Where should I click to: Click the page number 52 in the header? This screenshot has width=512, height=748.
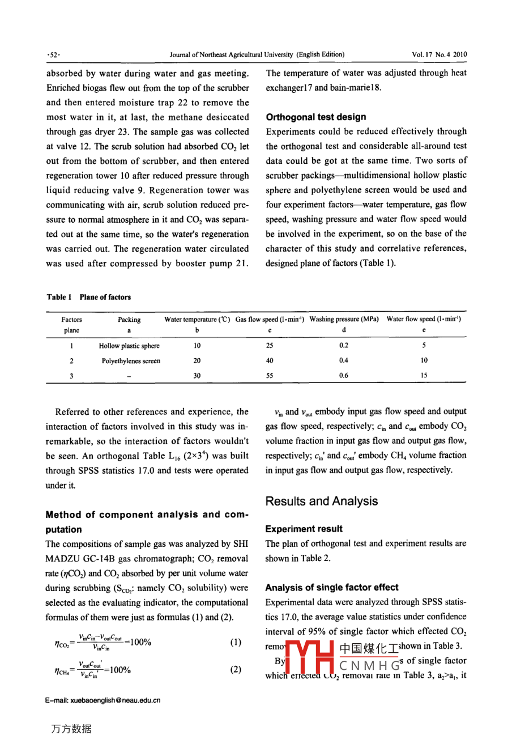click(54, 55)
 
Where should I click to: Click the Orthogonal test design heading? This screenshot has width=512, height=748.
click(316, 117)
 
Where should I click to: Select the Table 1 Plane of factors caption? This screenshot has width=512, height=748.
click(88, 297)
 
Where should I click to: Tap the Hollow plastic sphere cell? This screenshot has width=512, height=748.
click(129, 346)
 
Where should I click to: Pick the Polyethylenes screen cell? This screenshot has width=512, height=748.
click(131, 361)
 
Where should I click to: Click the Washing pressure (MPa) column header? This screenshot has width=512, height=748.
click(344, 319)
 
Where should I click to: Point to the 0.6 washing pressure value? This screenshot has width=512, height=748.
click(344, 375)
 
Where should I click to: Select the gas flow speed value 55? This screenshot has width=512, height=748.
click(270, 375)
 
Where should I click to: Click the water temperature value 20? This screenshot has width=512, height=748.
click(197, 360)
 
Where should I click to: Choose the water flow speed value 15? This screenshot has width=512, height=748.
click(424, 375)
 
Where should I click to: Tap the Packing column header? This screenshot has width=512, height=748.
click(129, 320)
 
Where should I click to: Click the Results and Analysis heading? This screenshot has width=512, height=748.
click(321, 501)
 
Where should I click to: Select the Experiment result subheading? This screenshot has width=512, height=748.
click(304, 529)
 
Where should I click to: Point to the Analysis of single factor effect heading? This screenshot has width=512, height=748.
click(332, 588)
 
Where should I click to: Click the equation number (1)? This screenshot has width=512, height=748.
click(236, 642)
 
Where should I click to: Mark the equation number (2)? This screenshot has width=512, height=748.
click(236, 669)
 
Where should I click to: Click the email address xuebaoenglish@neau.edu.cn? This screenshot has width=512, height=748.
click(103, 700)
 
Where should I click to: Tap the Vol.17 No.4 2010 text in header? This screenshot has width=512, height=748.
click(440, 55)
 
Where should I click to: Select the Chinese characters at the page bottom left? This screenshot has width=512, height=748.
click(71, 729)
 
